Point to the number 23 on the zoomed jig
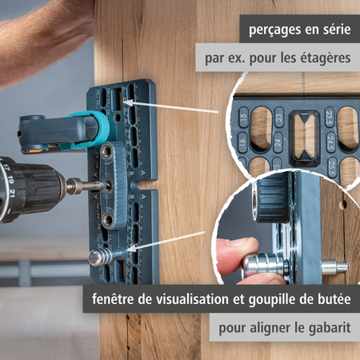pos(278,116)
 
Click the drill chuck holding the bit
pos(70,186)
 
